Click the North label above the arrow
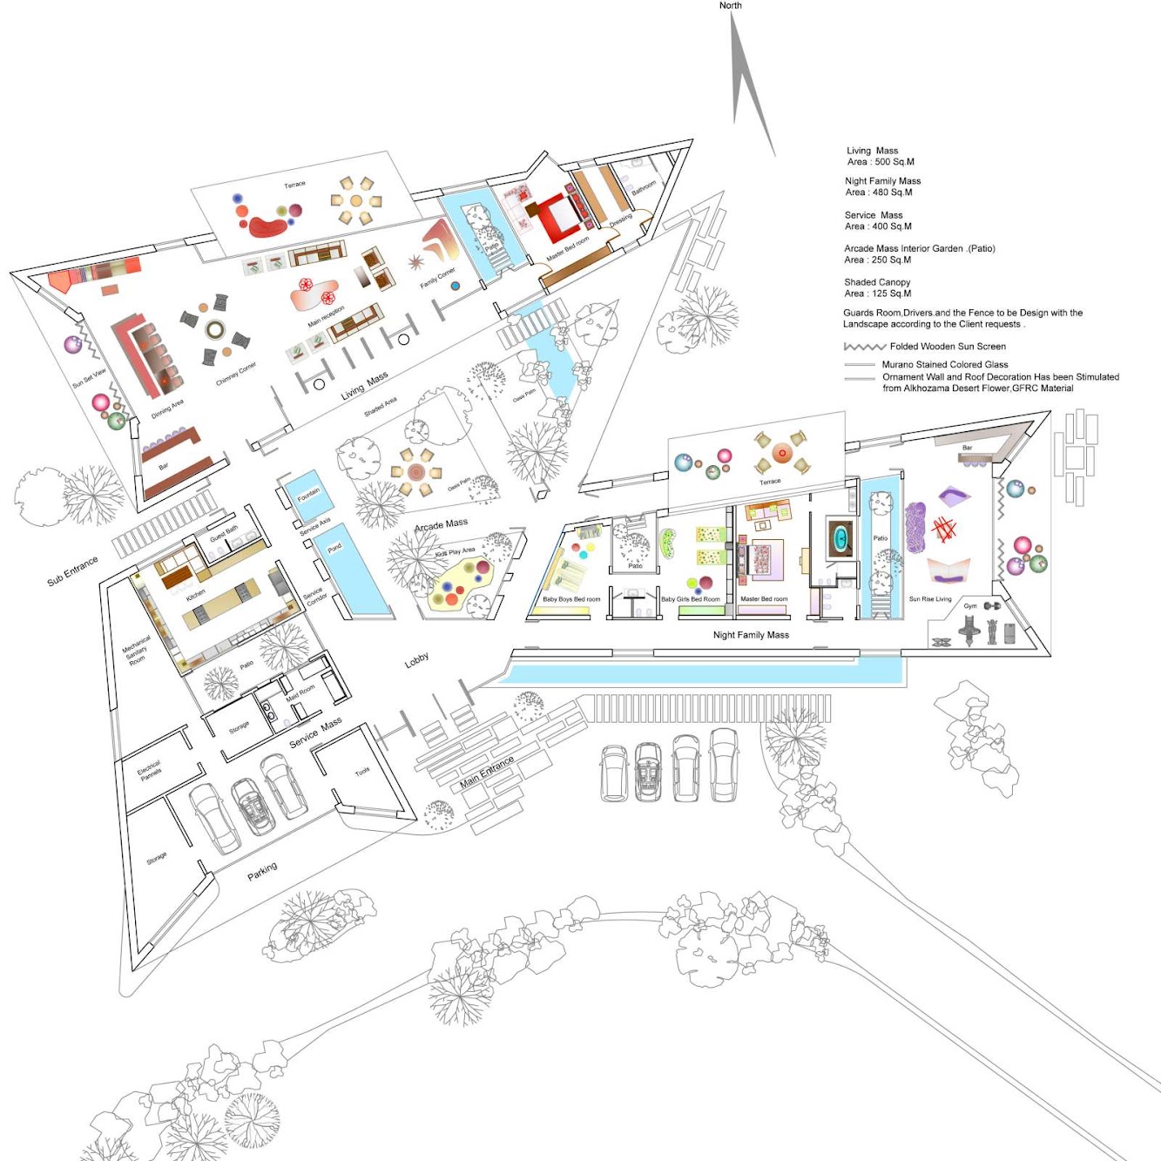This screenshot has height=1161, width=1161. (730, 5)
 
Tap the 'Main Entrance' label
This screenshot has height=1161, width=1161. (487, 772)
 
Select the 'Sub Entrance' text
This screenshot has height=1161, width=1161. (72, 570)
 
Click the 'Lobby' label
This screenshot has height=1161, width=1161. (416, 661)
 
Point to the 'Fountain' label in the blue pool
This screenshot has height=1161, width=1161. (308, 493)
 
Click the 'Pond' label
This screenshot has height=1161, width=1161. (334, 549)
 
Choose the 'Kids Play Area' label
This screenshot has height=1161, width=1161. (455, 551)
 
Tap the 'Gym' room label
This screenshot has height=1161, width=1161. (970, 606)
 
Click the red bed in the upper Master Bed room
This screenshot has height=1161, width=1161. (556, 217)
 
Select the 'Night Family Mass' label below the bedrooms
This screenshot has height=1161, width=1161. (751, 635)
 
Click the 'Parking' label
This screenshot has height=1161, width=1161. (262, 870)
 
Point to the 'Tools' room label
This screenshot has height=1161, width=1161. (362, 771)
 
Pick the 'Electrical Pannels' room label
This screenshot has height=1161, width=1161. (150, 770)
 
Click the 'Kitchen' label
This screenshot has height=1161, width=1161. (196, 594)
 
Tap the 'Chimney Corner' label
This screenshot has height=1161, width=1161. (236, 374)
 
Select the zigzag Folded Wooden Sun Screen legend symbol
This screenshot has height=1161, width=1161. (864, 347)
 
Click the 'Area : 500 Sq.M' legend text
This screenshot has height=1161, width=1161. (881, 162)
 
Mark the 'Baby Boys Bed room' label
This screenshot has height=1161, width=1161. (571, 599)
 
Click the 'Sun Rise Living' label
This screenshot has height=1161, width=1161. (930, 599)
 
